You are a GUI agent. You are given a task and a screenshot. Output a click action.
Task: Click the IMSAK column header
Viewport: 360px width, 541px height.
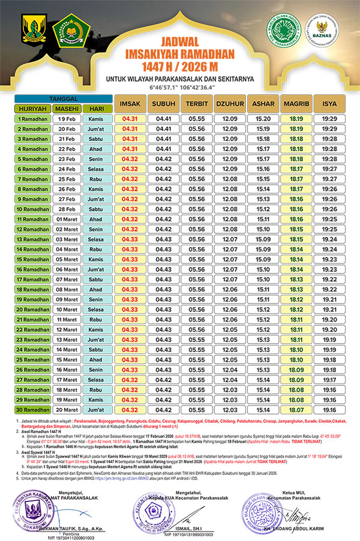[130, 103]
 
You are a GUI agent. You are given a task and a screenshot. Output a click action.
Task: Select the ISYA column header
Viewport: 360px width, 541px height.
[329, 103]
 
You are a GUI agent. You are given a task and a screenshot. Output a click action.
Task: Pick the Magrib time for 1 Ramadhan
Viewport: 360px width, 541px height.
[295, 119]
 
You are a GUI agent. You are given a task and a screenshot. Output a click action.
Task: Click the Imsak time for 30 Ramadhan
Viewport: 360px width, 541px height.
[130, 410]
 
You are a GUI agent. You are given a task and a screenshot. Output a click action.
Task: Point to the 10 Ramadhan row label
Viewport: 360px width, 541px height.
[32, 209]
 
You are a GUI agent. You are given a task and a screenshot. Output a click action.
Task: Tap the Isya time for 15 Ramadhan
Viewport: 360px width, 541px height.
[329, 259]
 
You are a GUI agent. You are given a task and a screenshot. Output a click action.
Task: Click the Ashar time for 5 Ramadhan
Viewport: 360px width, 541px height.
[262, 159]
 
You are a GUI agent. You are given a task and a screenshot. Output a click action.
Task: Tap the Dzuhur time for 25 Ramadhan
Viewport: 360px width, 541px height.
[229, 359]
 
